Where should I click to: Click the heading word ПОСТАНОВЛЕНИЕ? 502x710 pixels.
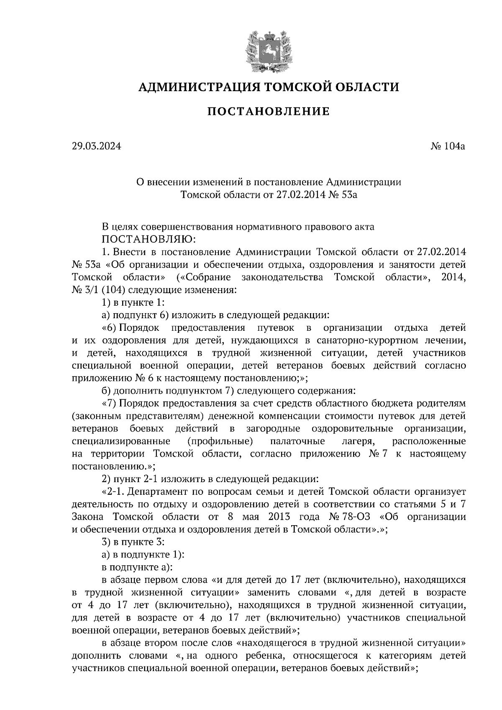point(268,112)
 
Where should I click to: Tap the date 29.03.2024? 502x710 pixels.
point(96,146)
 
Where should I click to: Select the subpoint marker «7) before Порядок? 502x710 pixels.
point(111,404)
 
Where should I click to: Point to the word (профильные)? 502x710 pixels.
point(220,441)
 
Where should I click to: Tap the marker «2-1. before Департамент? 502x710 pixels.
point(114,491)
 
